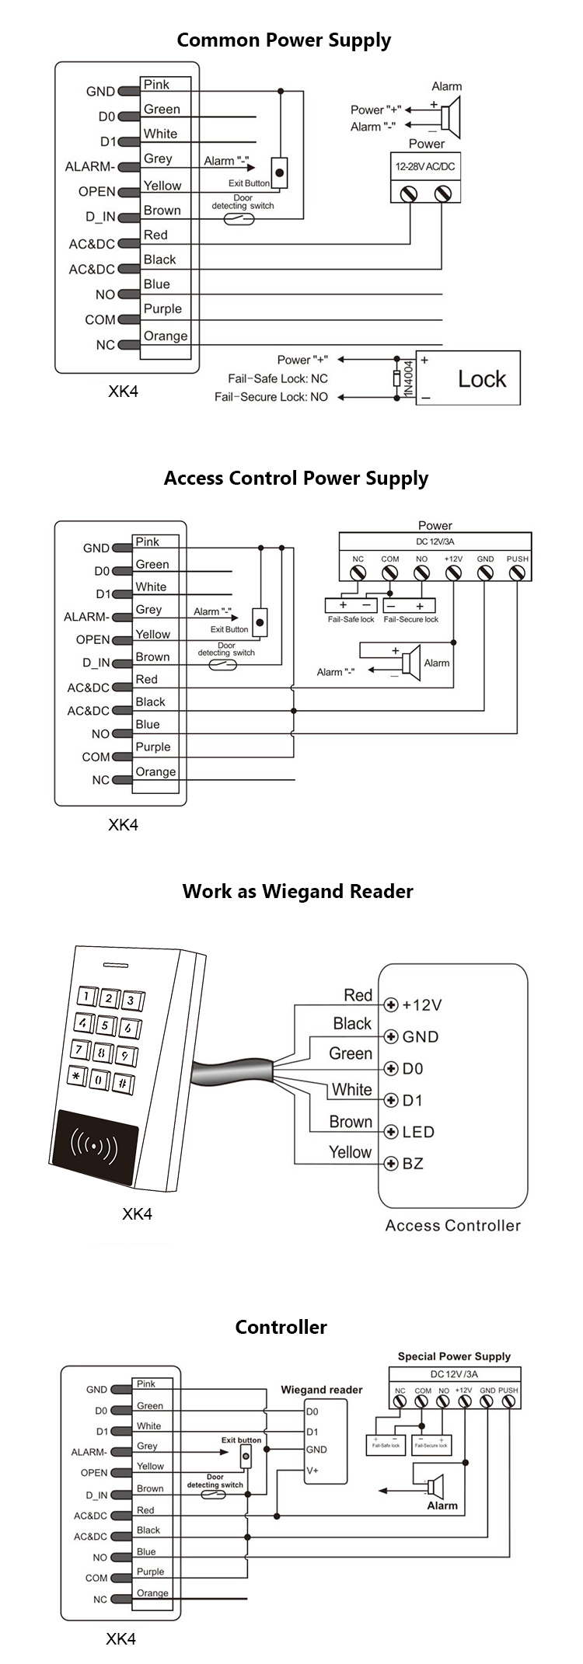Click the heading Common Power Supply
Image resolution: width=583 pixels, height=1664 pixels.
coord(284,40)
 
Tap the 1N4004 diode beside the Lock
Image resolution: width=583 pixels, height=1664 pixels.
coord(398,378)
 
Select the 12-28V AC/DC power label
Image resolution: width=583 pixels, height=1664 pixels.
coord(425,166)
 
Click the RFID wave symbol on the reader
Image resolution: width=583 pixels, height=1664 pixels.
coord(94,1144)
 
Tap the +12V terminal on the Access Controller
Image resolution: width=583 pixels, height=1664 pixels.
coord(392,1005)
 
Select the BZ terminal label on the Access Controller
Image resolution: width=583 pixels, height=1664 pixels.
coord(413,1164)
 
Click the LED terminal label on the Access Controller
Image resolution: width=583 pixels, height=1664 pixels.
coord(418,1132)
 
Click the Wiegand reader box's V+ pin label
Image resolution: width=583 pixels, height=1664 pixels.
coord(312,1471)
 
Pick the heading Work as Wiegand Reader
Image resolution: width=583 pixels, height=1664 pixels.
coord(298,891)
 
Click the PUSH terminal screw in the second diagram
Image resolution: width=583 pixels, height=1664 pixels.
coord(517,573)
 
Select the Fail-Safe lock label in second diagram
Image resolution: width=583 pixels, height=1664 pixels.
coord(351,619)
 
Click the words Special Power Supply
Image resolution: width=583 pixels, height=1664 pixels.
coord(454,1356)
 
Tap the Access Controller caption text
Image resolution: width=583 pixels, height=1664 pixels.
coord(452,1225)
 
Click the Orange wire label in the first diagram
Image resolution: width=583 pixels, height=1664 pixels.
coord(166,336)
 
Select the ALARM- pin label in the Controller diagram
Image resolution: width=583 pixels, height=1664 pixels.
coord(88,1452)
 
